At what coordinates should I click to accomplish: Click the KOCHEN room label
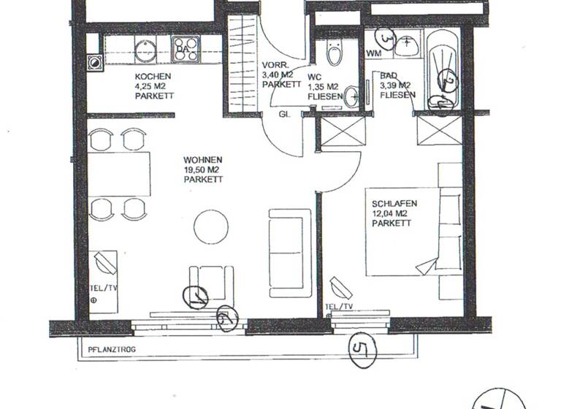(153, 77)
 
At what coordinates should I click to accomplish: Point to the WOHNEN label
(203, 160)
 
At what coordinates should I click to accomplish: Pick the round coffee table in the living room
(211, 226)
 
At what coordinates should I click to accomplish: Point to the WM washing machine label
(373, 53)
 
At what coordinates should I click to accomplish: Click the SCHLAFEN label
(394, 204)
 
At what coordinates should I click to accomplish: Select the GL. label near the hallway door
(284, 115)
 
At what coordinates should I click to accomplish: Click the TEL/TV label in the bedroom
(339, 307)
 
